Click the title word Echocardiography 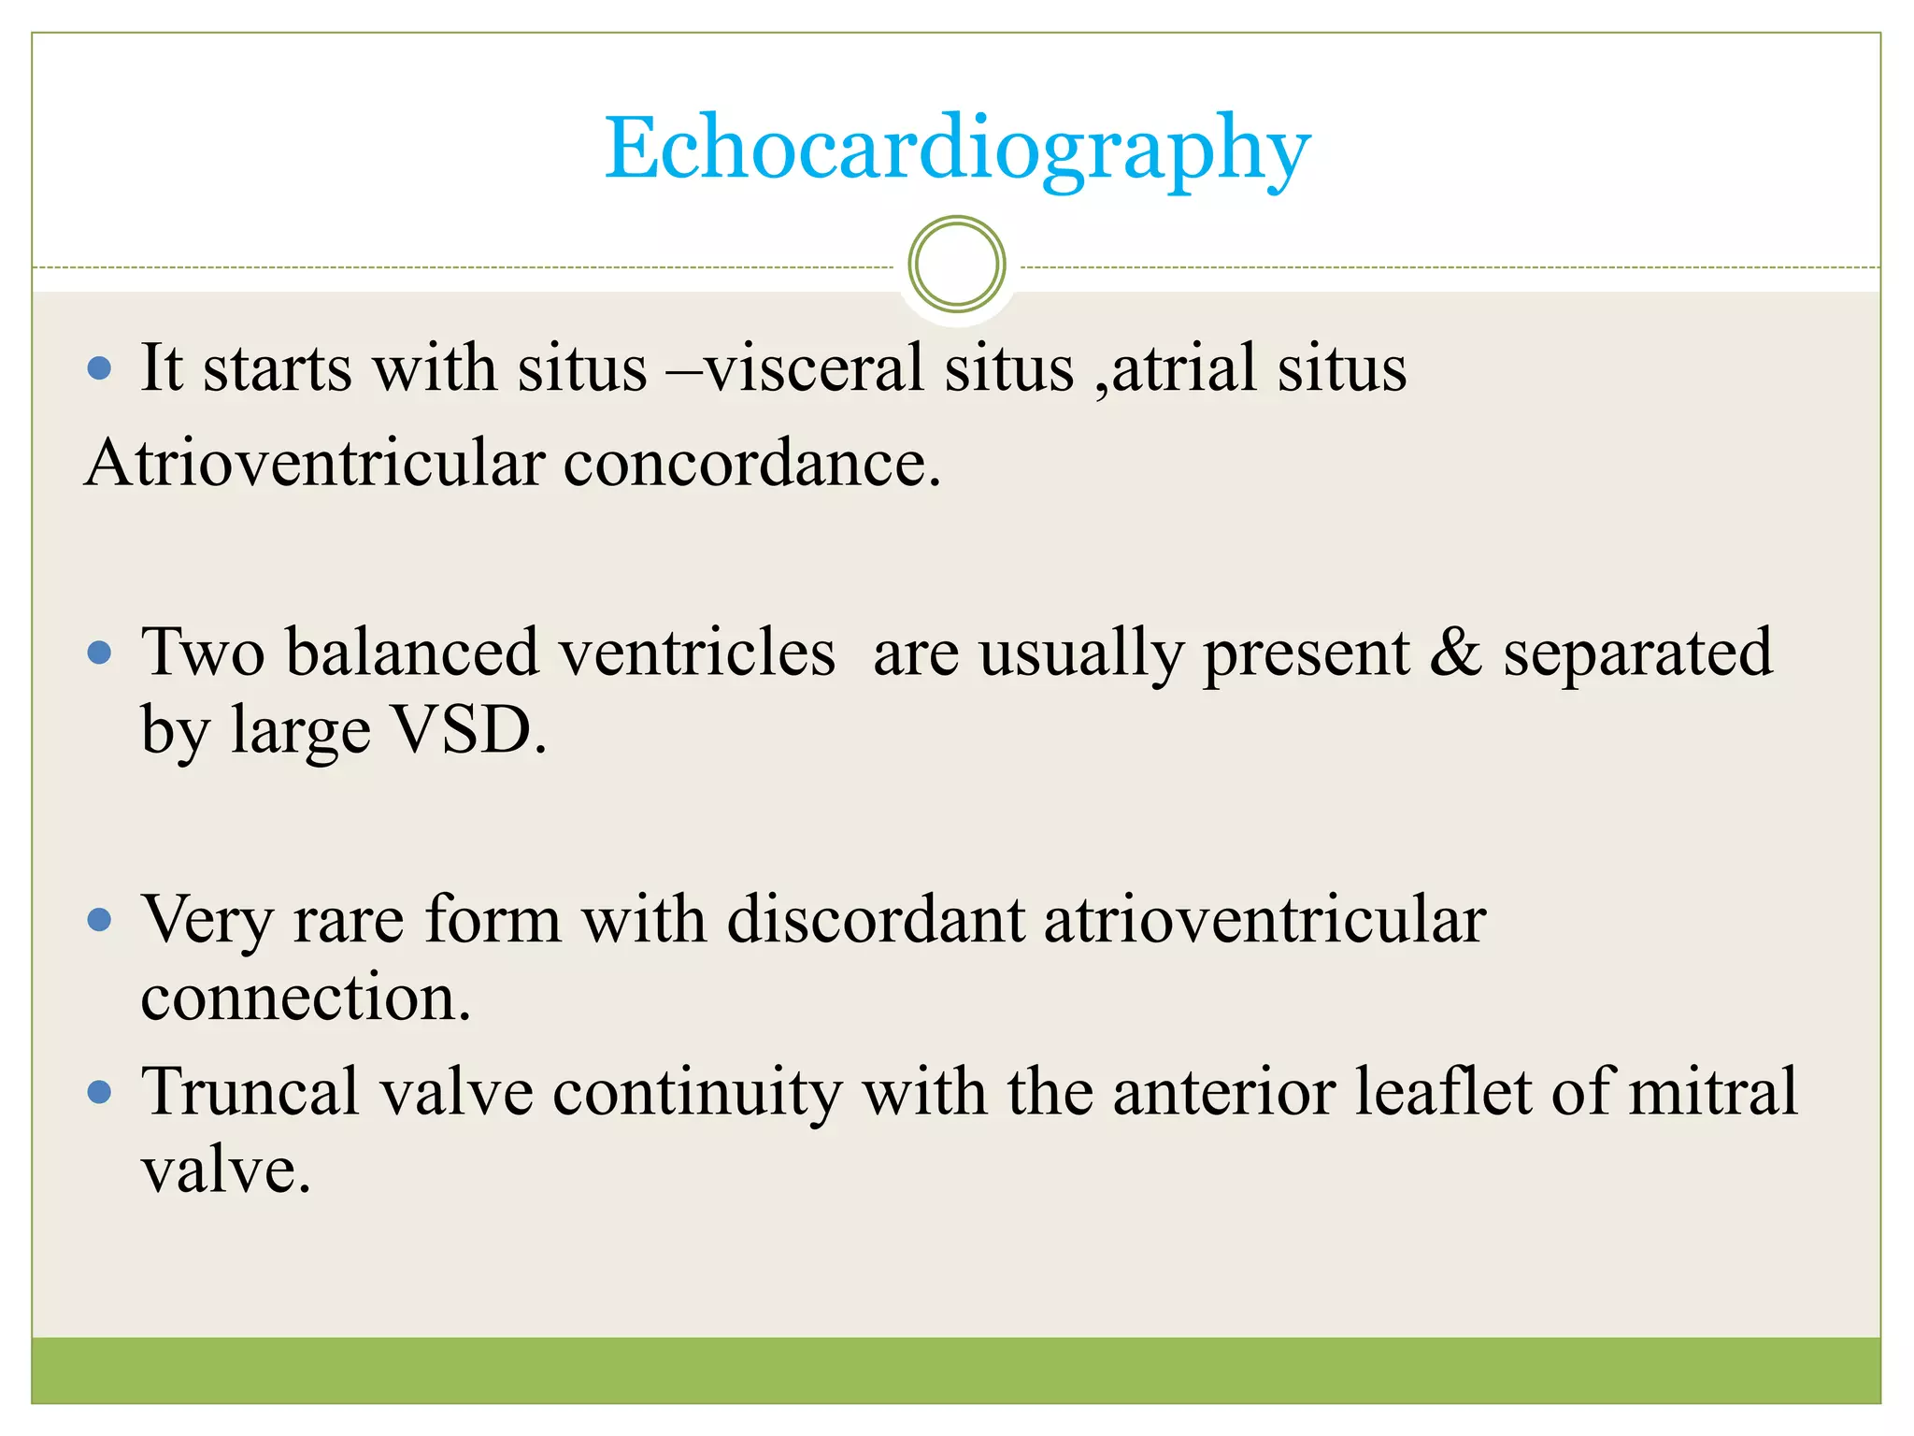957,150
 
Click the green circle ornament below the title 956,265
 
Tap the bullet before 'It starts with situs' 99,367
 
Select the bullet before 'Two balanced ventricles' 99,653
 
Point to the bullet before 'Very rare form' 99,920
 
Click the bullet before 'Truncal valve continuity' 99,1092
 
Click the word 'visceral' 813,367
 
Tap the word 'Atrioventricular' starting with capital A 314,463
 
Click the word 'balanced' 412,653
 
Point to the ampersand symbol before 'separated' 1455,653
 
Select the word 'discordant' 876,920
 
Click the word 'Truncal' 250,1092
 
